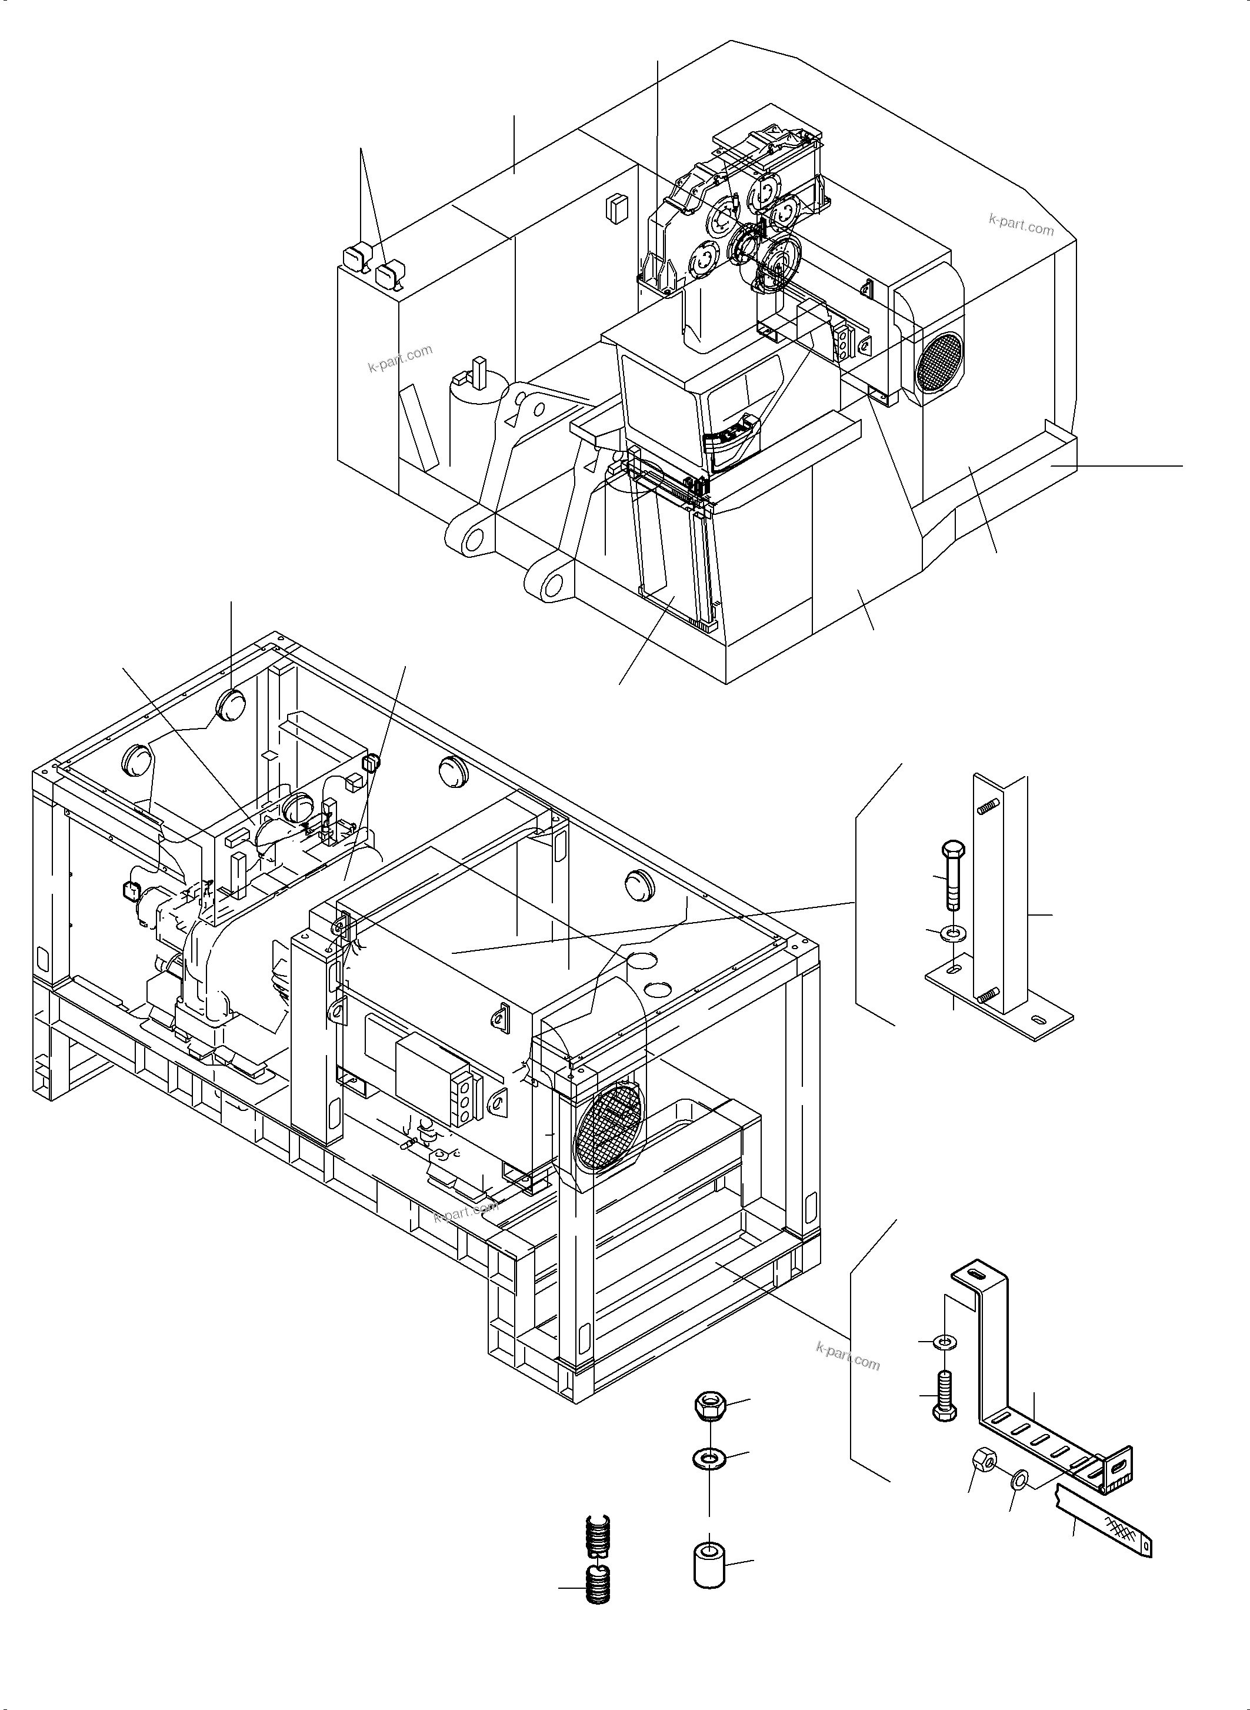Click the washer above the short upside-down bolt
pyautogui.click(x=944, y=1342)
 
